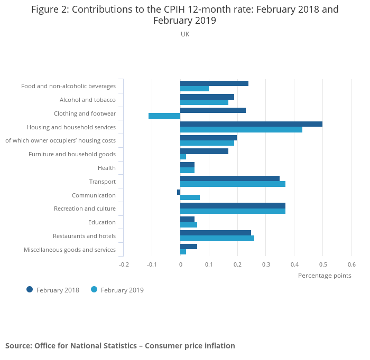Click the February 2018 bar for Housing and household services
[251, 124]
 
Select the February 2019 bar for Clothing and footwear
[164, 116]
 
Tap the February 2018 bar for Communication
[179, 192]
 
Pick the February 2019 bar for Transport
[233, 184]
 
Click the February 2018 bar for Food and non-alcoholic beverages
[214, 83]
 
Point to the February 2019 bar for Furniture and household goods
[183, 157]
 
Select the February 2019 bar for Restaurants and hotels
[217, 239]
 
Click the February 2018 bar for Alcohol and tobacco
[207, 97]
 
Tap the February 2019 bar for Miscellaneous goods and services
[183, 252]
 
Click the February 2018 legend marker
[30, 289]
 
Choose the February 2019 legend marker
[94, 289]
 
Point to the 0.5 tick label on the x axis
[323, 264]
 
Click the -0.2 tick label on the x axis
[123, 264]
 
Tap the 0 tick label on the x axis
[180, 264]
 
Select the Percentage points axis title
[325, 275]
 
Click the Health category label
[107, 168]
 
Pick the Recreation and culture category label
[85, 209]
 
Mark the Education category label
[102, 222]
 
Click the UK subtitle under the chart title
[185, 34]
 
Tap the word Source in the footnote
[17, 346]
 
